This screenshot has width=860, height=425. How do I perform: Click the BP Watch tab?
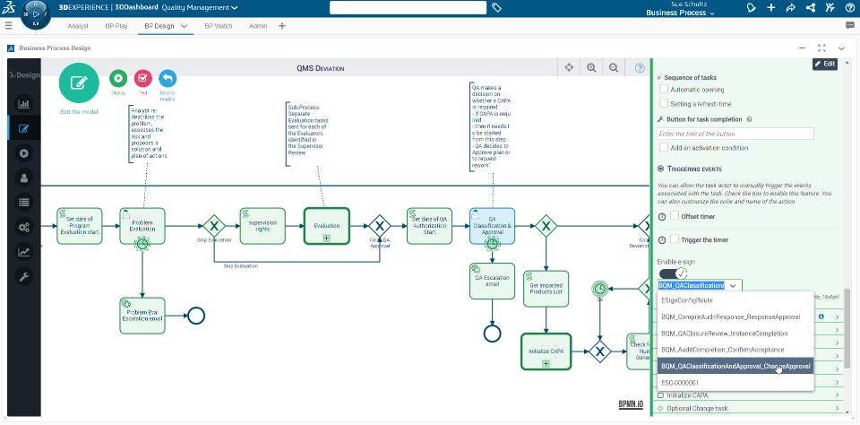[x=218, y=26]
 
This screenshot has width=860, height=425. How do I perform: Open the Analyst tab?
[x=77, y=26]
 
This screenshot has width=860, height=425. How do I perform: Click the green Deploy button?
[x=118, y=80]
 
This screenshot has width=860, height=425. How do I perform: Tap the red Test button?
[x=142, y=80]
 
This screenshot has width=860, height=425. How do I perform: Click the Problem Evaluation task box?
[x=142, y=226]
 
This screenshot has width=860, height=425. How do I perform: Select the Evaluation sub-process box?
[x=326, y=226]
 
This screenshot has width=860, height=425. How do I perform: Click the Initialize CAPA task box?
[x=545, y=351]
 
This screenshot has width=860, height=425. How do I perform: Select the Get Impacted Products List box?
[x=546, y=287]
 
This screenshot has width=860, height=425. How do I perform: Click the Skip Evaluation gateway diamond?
[x=213, y=225]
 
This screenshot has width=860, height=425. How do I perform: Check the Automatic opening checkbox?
[x=664, y=90]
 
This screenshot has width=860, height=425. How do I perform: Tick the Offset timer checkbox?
[x=675, y=216]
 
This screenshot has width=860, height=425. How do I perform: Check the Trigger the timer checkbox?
[x=675, y=240]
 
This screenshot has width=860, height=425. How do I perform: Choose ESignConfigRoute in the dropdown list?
[x=687, y=300]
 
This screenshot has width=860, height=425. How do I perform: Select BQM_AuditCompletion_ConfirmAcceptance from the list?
[x=722, y=349]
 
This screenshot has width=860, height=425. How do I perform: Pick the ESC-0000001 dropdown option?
[x=681, y=382]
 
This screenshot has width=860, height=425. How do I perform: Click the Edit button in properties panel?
[x=824, y=64]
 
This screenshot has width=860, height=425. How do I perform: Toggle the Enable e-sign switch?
[x=673, y=273]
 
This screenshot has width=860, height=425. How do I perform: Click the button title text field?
[x=735, y=134]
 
